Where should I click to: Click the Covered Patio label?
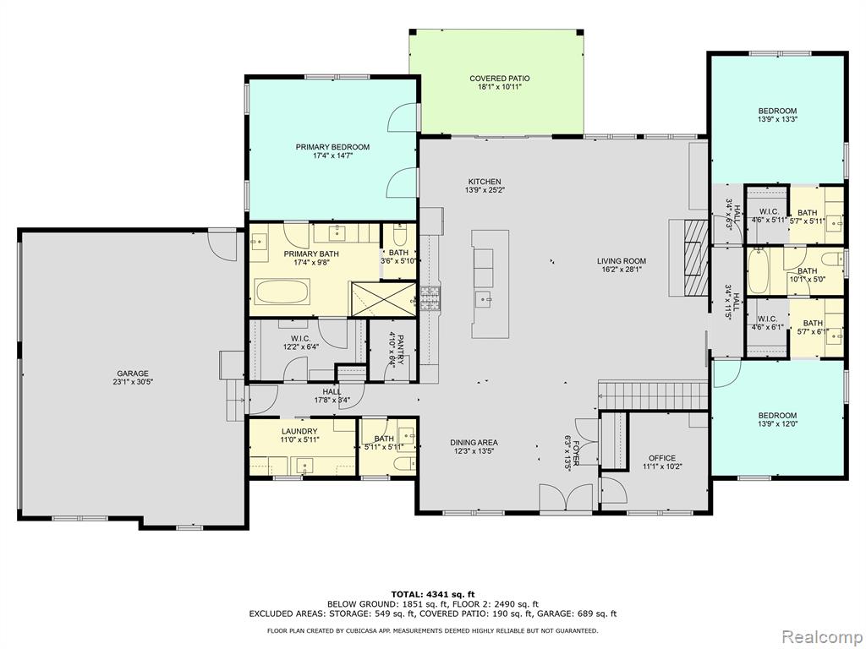click(499, 79)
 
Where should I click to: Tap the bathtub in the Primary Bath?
click(282, 291)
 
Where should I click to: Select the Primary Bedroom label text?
click(332, 147)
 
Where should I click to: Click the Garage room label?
click(133, 374)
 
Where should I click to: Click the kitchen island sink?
click(486, 299)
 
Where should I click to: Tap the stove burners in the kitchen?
click(430, 299)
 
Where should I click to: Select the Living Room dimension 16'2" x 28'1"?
click(622, 270)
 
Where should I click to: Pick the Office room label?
click(661, 458)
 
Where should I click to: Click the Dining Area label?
click(474, 443)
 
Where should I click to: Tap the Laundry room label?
click(299, 432)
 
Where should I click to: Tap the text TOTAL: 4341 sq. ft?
click(433, 594)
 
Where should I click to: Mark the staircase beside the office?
click(653, 395)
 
